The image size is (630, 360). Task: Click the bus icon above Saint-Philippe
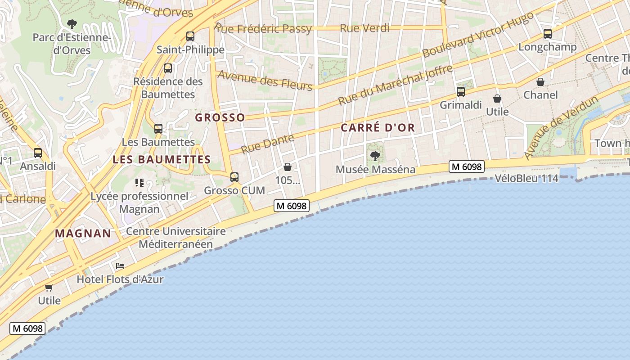pos(190,36)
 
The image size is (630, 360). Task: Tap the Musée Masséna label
pos(376,170)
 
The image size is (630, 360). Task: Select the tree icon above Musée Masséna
pos(375,156)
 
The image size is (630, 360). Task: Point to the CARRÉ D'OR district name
pos(378,128)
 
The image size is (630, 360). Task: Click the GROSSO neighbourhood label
pos(220,118)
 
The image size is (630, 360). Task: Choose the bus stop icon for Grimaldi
pos(461,92)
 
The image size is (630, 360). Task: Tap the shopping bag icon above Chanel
pos(540,82)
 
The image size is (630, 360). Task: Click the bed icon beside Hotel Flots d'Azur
pos(120,266)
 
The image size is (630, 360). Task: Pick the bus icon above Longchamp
pos(548,34)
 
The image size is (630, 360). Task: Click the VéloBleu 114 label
pos(526,179)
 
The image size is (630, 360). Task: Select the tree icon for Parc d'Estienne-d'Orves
pos(72,24)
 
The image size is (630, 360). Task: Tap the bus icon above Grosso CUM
pos(234,177)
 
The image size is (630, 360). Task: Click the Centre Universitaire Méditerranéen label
pos(176,238)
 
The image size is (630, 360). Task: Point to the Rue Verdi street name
pos(364,28)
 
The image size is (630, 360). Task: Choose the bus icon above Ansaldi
pos(38,153)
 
